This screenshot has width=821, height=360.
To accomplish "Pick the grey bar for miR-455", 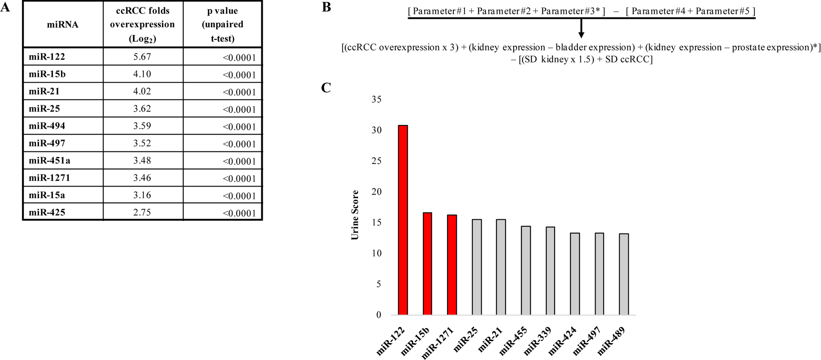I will [526, 270].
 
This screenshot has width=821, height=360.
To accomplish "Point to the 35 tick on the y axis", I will [376, 99].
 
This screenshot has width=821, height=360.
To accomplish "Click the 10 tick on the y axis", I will [376, 253].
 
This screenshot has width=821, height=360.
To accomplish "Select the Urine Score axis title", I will [355, 215].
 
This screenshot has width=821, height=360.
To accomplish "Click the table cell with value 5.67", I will [142, 57].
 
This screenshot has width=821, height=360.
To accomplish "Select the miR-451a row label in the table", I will [49, 161].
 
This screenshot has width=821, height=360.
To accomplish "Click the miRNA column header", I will [63, 25].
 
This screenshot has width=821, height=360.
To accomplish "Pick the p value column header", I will [222, 25].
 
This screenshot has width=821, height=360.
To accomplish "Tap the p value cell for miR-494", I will [239, 127].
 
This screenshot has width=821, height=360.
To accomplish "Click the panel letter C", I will [326, 88].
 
